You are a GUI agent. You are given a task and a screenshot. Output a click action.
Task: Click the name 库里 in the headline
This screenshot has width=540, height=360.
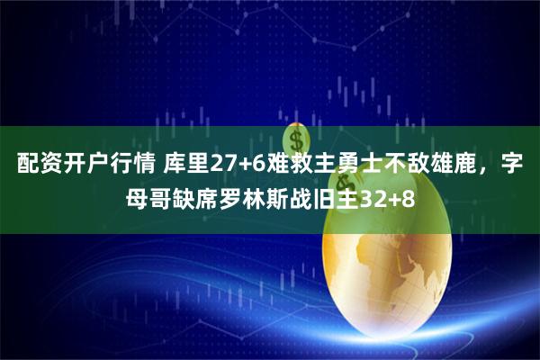(184, 166)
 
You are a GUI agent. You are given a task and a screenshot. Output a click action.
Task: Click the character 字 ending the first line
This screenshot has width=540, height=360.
(513, 166)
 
